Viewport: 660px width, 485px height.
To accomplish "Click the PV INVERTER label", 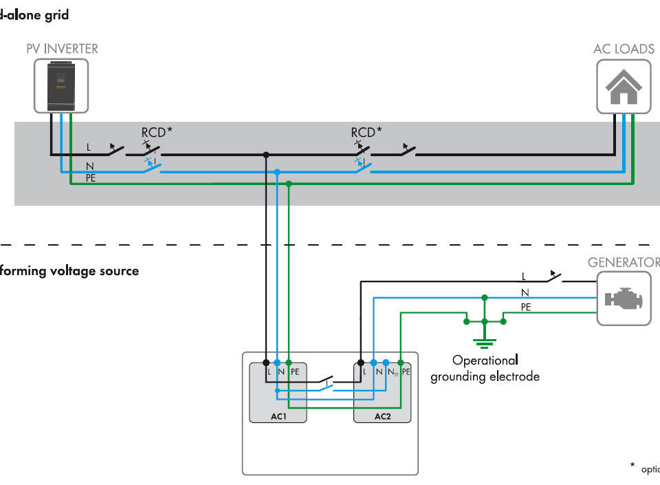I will click(62, 49).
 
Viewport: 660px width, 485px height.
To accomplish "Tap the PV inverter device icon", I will click(61, 85).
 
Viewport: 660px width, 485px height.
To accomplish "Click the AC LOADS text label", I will click(624, 49).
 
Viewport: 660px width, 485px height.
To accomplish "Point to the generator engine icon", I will click(623, 298).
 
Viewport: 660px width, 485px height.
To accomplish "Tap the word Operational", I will click(485, 360).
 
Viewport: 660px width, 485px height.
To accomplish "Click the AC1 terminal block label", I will click(278, 417).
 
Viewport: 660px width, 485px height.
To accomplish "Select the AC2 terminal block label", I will click(382, 417).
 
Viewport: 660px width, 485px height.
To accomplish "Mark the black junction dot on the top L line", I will click(265, 155).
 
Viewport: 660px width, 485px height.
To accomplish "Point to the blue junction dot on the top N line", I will click(277, 171).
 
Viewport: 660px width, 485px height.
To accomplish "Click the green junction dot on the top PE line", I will click(289, 184).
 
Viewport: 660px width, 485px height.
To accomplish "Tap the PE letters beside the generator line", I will click(526, 308).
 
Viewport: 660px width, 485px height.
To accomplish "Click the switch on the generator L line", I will click(553, 278).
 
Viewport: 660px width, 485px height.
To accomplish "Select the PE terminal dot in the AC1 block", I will click(289, 362).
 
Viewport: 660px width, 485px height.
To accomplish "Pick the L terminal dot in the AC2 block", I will click(361, 362).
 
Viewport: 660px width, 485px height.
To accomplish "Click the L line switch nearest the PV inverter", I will click(114, 150).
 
